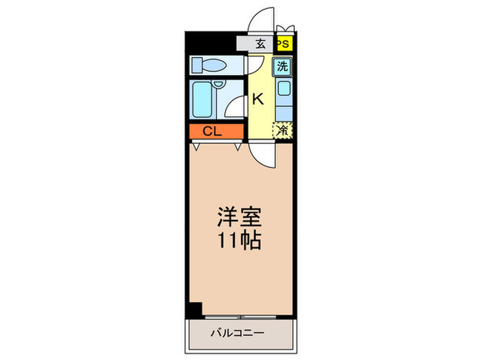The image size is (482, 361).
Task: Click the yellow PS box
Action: click(x=283, y=43)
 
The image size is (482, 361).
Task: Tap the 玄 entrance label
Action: click(x=261, y=43)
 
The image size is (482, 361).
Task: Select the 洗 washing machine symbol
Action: click(x=283, y=67)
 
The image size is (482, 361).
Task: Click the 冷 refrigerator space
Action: click(x=283, y=129)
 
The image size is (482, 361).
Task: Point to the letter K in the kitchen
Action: click(x=258, y=98)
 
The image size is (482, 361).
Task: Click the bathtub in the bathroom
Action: click(x=202, y=100)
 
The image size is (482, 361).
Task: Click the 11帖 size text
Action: click(x=240, y=241)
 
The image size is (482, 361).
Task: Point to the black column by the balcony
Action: click(x=195, y=310)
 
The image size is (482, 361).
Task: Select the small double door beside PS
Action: click(x=285, y=29)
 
